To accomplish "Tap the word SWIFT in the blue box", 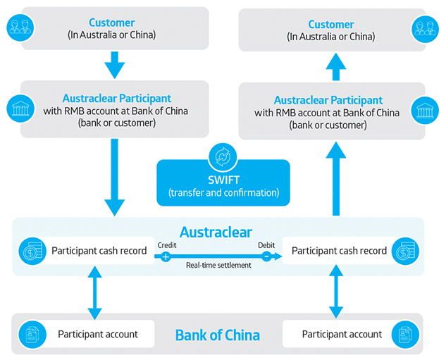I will click(x=223, y=180).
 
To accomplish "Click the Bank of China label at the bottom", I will click(x=218, y=335).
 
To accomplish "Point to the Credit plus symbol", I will click(x=166, y=256).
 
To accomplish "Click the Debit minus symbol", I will click(x=266, y=256).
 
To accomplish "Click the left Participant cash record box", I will click(x=98, y=250).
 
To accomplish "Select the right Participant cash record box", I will click(x=338, y=250).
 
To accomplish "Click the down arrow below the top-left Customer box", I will click(x=113, y=66).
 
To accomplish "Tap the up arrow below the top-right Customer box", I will click(x=337, y=68).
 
